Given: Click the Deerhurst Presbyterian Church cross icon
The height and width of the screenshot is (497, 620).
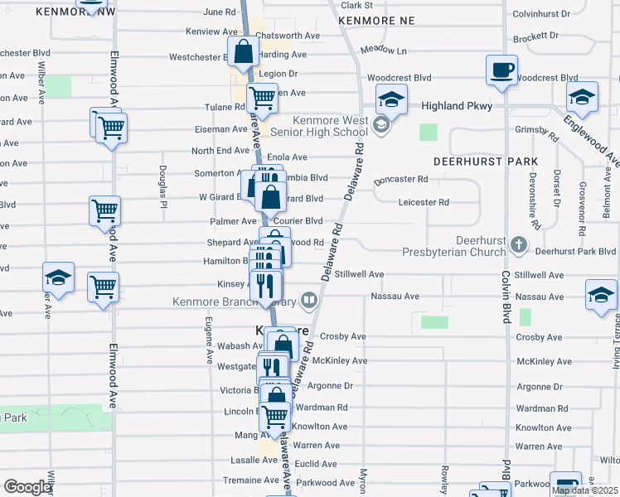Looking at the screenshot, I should (x=518, y=244).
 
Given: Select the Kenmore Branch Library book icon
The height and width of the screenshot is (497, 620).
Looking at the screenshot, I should (x=309, y=300).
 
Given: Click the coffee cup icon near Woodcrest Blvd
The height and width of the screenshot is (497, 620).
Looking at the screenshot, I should (x=502, y=70).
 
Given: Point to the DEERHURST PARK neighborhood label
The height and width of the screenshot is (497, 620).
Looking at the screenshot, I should (x=486, y=161).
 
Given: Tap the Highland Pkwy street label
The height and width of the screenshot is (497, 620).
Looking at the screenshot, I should (x=457, y=106).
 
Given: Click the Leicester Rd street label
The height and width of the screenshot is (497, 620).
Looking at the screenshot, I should (x=423, y=201).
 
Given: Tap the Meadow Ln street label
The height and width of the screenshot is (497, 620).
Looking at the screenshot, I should (x=383, y=50).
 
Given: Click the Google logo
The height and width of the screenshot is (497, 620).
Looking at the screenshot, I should (x=28, y=487).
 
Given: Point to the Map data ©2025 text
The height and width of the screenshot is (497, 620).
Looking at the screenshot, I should (x=584, y=490).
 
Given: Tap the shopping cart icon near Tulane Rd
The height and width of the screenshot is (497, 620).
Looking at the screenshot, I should (x=262, y=98).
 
